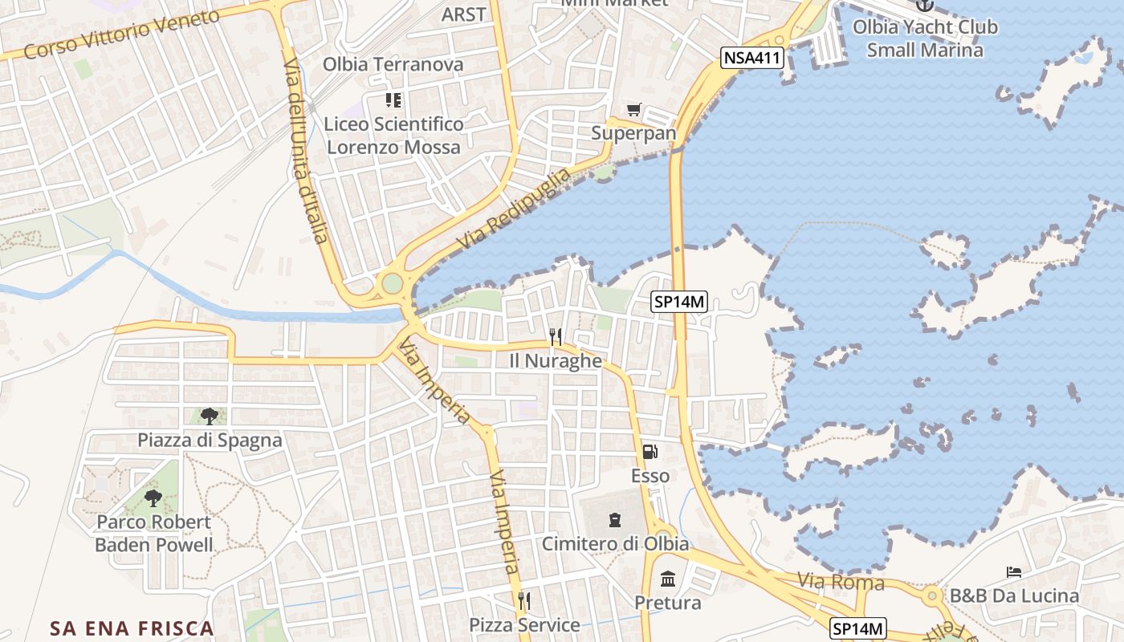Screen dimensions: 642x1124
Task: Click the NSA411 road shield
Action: point(751,57)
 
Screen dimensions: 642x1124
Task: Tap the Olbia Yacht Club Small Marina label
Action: point(925,39)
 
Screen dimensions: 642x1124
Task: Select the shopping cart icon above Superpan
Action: point(634,109)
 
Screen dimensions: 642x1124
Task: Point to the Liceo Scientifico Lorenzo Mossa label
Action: point(393,136)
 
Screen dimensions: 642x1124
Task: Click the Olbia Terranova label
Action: point(393,64)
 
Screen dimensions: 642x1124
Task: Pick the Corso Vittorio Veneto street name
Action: point(121,35)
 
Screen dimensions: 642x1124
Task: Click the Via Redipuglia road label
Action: point(514,209)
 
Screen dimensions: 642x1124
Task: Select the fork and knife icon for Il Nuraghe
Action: point(555,337)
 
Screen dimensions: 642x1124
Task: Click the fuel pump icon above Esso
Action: point(650,452)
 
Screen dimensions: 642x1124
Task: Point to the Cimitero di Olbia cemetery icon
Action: point(615,520)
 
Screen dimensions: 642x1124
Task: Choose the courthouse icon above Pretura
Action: point(667,579)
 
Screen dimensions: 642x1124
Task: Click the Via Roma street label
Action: point(841,582)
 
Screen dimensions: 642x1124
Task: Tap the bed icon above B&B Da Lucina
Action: point(1014,572)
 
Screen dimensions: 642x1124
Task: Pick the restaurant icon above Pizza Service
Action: point(524,600)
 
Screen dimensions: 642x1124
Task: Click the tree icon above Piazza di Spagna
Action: point(210,416)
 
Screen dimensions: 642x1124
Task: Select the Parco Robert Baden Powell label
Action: point(154,534)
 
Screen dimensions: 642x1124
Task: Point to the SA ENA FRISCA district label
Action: point(132,628)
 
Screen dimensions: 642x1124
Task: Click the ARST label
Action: point(464,14)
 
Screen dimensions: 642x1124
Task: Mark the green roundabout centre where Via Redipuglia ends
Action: point(392,283)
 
